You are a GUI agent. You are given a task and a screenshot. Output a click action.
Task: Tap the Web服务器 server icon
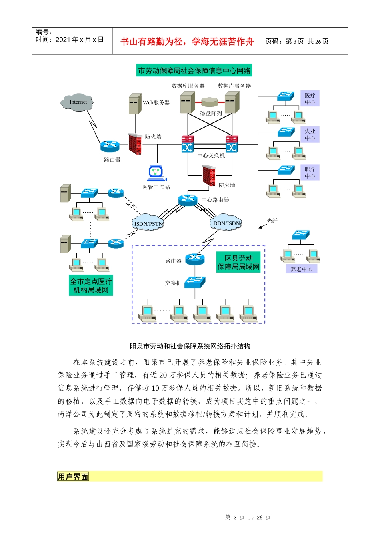135,104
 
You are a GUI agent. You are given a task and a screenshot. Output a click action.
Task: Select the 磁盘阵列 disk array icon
210,103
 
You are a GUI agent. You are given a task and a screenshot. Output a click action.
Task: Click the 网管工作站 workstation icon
156,173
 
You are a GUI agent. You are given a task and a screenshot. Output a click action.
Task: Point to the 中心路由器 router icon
188,199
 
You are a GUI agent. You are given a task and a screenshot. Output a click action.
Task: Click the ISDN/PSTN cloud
148,223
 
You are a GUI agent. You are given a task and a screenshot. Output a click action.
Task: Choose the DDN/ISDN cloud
226,223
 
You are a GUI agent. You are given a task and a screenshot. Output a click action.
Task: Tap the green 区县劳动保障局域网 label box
238,263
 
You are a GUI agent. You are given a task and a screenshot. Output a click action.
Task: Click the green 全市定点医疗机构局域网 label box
91,285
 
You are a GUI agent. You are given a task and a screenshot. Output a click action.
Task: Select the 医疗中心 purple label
310,98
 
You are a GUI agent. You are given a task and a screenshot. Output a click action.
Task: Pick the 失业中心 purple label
310,134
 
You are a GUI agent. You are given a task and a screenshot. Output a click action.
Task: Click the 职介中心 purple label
310,172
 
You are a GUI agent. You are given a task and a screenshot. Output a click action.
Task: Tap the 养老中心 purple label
302,269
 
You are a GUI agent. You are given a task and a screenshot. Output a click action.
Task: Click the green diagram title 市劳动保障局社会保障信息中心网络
194,71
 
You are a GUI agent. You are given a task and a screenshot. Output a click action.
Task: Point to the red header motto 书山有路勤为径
187,42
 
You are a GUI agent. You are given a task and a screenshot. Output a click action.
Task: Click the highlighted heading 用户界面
73,476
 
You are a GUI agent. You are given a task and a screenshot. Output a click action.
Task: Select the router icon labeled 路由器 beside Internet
110,146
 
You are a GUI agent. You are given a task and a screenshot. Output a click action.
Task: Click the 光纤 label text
272,221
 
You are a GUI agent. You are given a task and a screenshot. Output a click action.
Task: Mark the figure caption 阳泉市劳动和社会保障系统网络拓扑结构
190,346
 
